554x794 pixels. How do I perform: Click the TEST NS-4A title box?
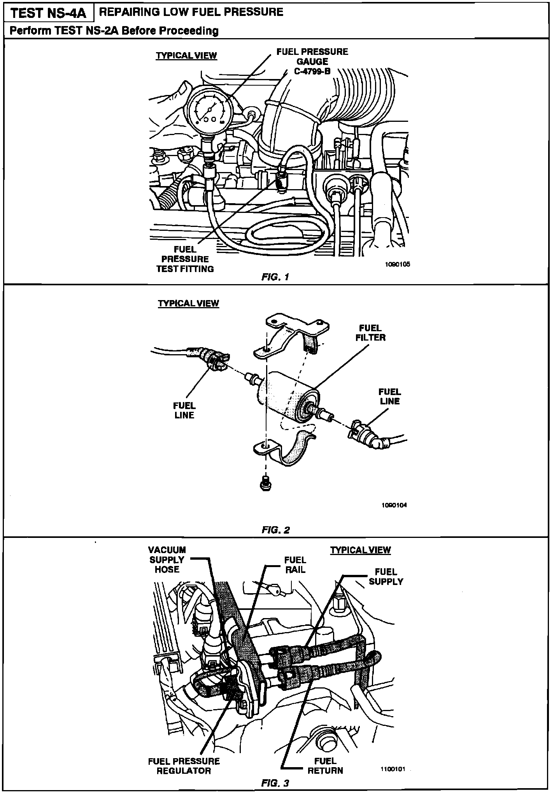[x=49, y=13]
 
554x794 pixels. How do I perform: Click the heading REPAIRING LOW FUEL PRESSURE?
[x=191, y=12]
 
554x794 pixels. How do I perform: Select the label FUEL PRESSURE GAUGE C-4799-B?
[x=312, y=61]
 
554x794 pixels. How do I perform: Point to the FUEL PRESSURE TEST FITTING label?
[x=185, y=259]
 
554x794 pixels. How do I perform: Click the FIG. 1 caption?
[x=275, y=277]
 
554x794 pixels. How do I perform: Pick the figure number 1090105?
[x=398, y=264]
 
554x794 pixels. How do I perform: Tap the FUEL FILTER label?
[x=370, y=333]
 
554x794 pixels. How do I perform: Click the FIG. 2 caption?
[x=276, y=530]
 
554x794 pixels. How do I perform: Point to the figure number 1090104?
[x=394, y=505]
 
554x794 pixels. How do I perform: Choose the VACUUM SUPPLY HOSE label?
[x=167, y=560]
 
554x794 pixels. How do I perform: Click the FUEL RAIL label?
[x=295, y=565]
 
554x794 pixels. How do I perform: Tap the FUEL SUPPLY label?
[x=386, y=577]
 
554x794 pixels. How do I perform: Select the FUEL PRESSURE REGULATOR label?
[x=184, y=766]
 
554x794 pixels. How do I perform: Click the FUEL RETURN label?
[x=325, y=766]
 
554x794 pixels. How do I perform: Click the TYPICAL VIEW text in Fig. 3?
[x=360, y=550]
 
